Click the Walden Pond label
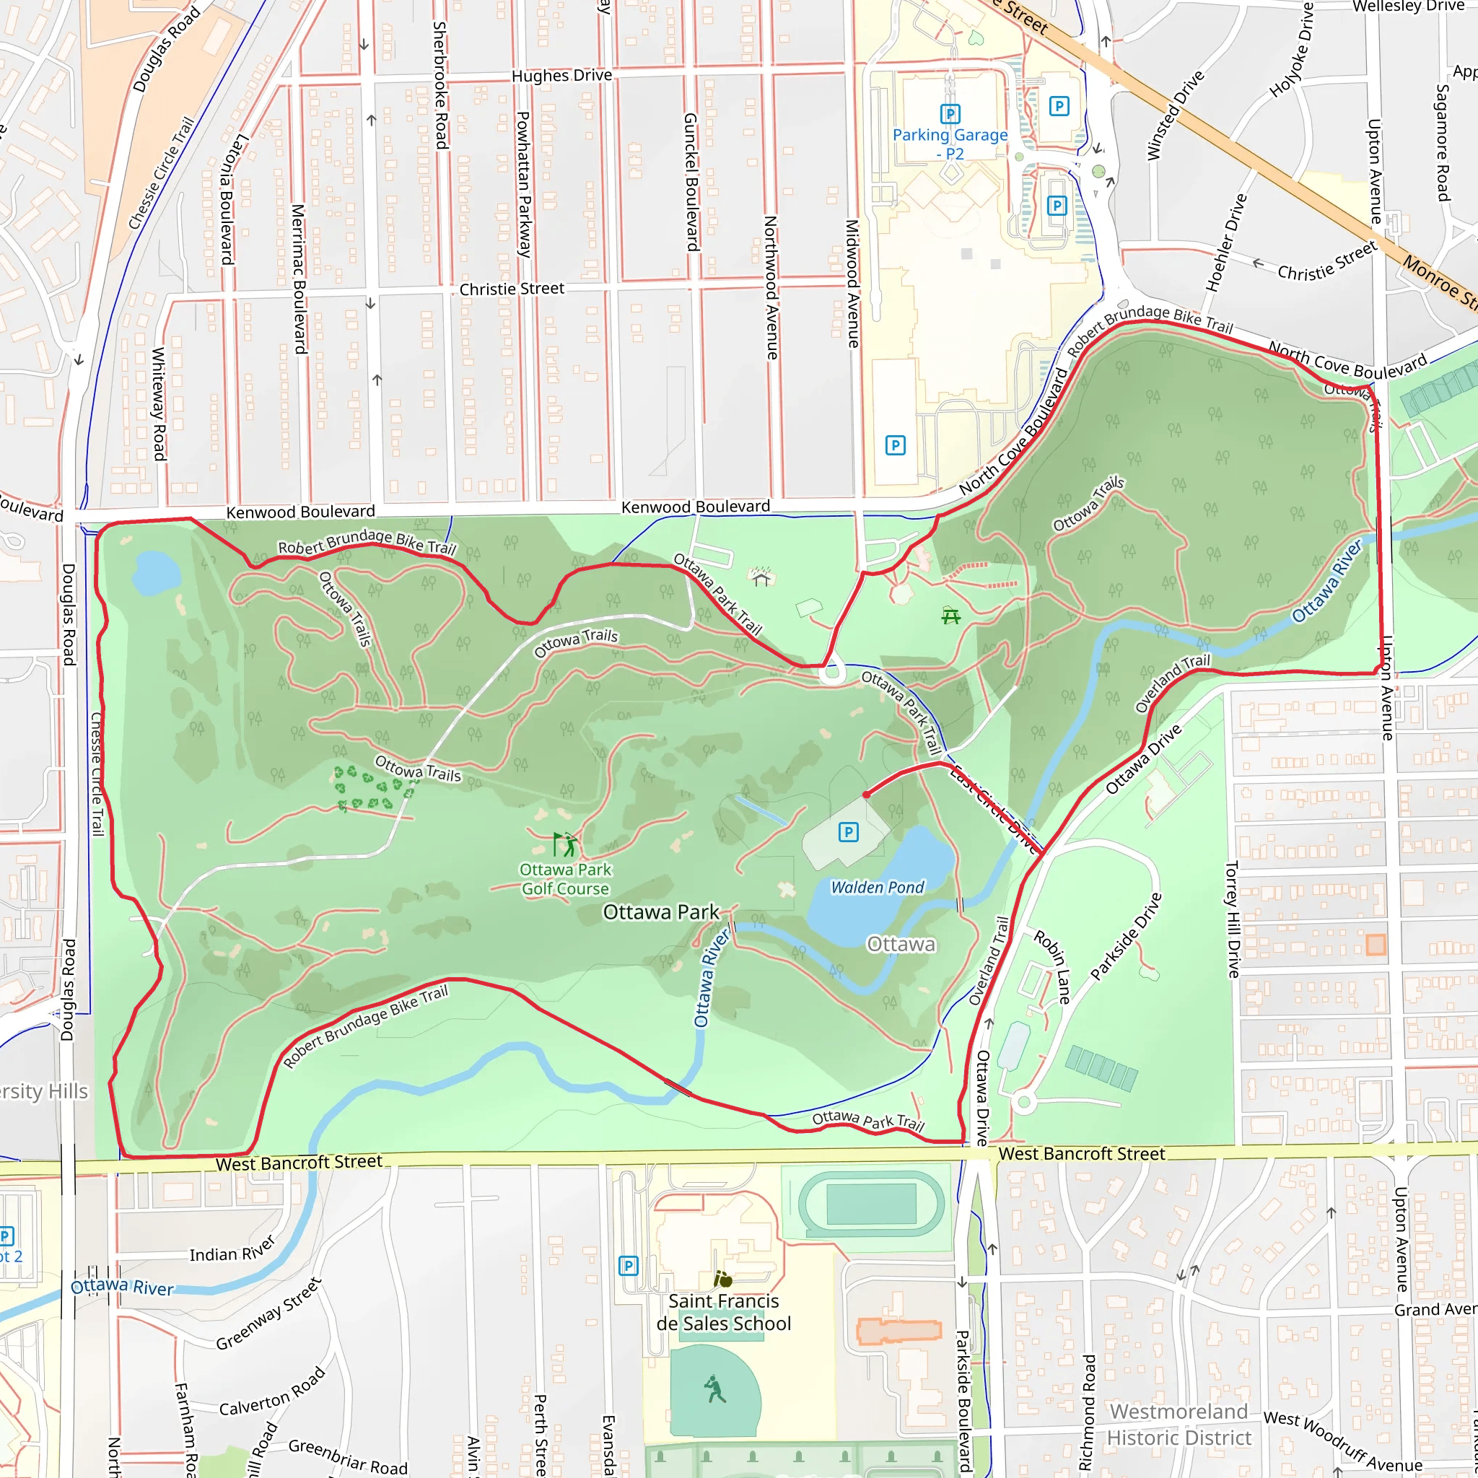[x=878, y=888]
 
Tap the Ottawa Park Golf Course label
[x=565, y=879]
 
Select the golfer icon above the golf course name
[x=565, y=844]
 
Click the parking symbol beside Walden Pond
[x=849, y=832]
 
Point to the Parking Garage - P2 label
[x=950, y=144]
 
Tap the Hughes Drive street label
[x=561, y=76]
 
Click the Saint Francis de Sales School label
[x=724, y=1312]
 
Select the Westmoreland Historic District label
[x=1179, y=1425]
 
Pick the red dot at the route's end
[x=866, y=795]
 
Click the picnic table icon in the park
[x=951, y=616]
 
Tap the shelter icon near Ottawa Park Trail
[x=761, y=577]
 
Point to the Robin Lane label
[x=1053, y=966]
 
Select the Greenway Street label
[x=268, y=1314]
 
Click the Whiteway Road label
[x=158, y=404]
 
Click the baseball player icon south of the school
[x=714, y=1389]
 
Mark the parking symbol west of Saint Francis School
[x=628, y=1266]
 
